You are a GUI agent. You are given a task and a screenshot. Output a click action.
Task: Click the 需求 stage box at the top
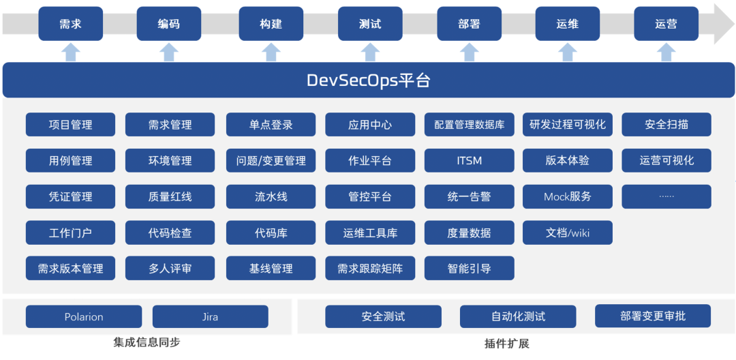(x=70, y=23)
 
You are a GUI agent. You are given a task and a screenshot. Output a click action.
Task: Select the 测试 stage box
(x=370, y=23)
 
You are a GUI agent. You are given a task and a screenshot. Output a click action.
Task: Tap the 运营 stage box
(x=666, y=23)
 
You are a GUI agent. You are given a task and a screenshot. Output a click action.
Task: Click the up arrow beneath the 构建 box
(x=271, y=52)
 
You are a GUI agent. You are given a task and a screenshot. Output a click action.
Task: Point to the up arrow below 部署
(x=469, y=52)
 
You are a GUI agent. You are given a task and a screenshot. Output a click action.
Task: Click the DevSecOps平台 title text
(x=369, y=80)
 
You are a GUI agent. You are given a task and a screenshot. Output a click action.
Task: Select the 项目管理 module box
(x=70, y=124)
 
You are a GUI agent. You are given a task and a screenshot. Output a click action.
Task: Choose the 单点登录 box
(x=271, y=124)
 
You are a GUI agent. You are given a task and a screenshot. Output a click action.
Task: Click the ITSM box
(x=470, y=160)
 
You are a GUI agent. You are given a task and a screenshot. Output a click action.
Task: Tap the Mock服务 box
(x=568, y=196)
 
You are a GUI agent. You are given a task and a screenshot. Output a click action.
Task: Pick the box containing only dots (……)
(x=666, y=196)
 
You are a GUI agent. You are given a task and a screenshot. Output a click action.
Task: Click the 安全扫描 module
(x=666, y=124)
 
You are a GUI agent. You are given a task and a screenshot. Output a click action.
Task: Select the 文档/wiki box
(x=568, y=232)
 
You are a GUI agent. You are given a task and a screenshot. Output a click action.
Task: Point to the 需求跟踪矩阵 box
(x=370, y=269)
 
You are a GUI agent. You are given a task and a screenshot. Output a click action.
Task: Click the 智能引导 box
(x=470, y=269)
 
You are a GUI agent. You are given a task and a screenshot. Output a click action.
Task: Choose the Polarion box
(x=84, y=316)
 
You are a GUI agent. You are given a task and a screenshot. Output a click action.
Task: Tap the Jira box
(x=211, y=316)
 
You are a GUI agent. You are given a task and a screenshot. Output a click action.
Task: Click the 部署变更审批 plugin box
(x=653, y=316)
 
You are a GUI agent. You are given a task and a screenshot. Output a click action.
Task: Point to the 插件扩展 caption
(x=507, y=344)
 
